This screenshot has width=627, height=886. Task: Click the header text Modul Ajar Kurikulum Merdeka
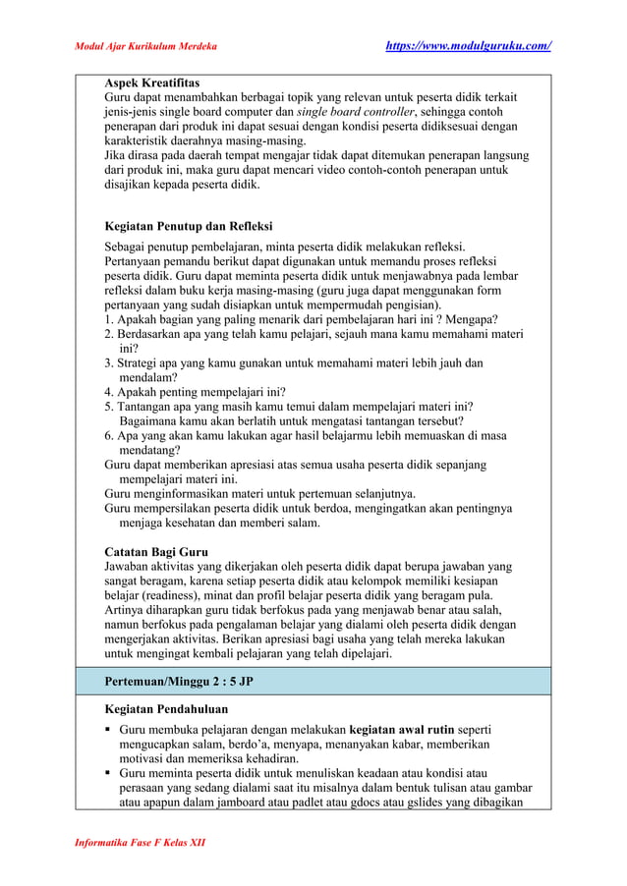[146, 46]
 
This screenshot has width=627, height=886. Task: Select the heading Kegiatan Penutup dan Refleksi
[188, 226]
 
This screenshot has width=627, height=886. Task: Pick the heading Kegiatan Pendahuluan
[166, 708]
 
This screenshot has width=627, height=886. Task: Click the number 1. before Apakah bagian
[110, 319]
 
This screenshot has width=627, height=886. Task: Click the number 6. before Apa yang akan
[110, 436]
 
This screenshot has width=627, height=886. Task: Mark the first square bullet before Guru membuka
[109, 731]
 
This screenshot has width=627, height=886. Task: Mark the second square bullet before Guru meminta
[109, 773]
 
